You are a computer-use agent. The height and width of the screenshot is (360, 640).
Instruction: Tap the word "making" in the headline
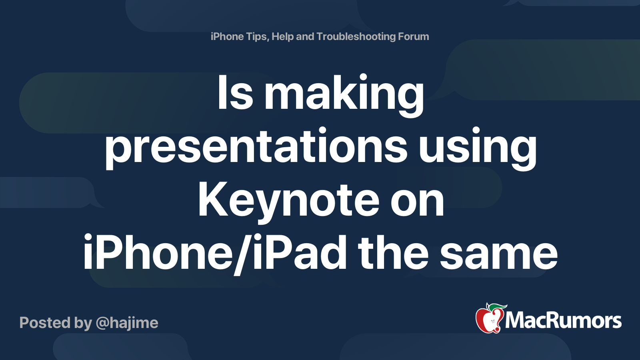pyautogui.click(x=344, y=95)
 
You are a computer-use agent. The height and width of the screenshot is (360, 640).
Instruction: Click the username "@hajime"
pyautogui.click(x=127, y=323)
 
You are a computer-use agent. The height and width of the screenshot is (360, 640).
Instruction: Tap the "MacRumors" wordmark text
pyautogui.click(x=563, y=320)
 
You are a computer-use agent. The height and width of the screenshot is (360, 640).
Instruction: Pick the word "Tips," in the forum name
pyautogui.click(x=257, y=36)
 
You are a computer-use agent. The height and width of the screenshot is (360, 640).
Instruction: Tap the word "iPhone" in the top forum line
pyautogui.click(x=227, y=36)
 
